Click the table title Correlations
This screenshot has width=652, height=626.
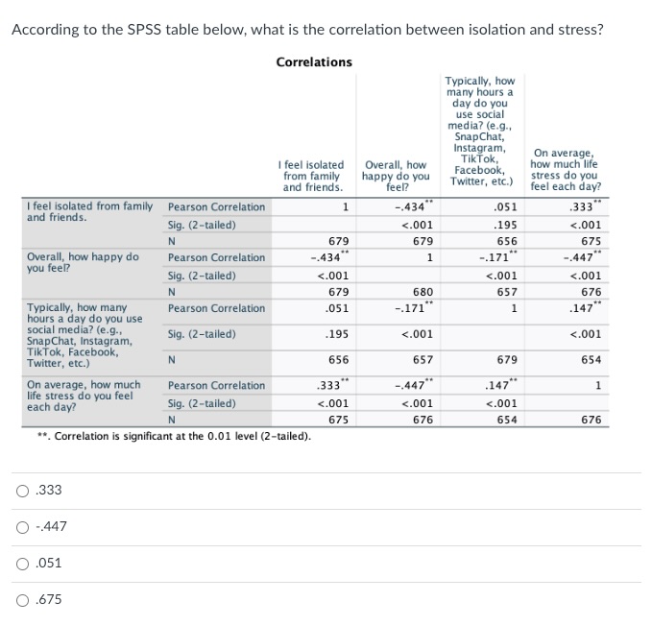click(314, 62)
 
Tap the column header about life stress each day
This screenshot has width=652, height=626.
click(566, 170)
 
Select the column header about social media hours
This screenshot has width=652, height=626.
click(480, 132)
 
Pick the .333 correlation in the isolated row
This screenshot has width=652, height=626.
click(582, 207)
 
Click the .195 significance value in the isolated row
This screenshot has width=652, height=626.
click(505, 225)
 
